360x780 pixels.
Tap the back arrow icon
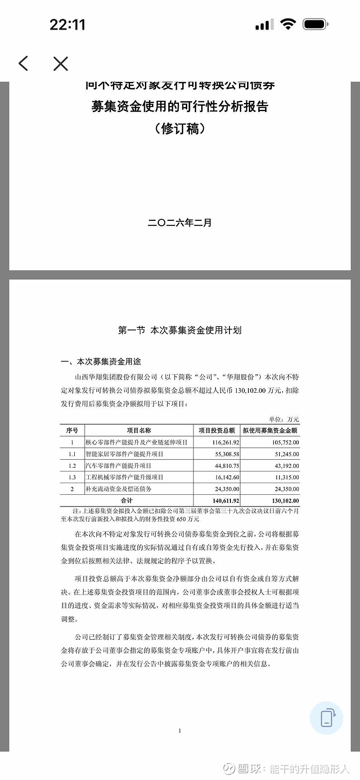(23, 63)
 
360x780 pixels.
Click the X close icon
(61, 63)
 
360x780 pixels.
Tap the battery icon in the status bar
(315, 24)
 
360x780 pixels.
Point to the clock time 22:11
(67, 25)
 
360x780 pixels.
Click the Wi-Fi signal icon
(288, 24)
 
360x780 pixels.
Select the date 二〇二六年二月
(180, 223)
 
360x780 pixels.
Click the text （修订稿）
(180, 129)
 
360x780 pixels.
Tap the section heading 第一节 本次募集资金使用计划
(180, 330)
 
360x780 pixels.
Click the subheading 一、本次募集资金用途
(101, 362)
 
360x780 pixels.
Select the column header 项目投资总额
(217, 430)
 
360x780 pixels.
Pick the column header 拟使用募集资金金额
(270, 430)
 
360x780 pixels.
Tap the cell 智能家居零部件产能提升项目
(125, 454)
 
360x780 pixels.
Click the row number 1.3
(72, 477)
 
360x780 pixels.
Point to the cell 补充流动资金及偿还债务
(119, 489)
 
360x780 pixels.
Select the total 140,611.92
(226, 501)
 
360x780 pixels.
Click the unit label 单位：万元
(284, 419)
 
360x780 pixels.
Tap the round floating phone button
(326, 718)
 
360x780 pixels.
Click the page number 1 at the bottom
(180, 731)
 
